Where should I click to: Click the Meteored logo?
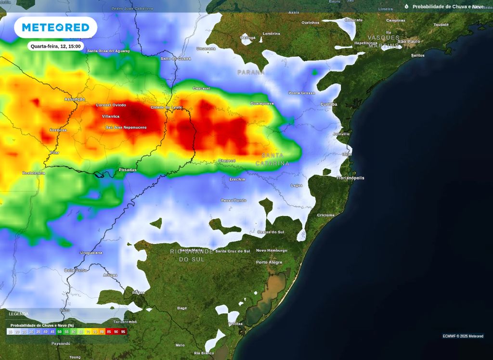pyautogui.click(x=56, y=27)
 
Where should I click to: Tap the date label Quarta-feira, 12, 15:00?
pyautogui.click(x=55, y=46)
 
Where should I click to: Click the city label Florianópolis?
pyautogui.click(x=350, y=178)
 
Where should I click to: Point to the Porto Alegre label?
pyautogui.click(x=269, y=262)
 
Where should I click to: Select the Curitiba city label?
pyautogui.click(x=329, y=104)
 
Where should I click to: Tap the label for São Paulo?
pyautogui.click(x=408, y=41)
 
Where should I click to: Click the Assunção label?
pyautogui.click(x=75, y=99)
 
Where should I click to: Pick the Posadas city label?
pyautogui.click(x=128, y=170)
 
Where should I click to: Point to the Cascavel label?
pyautogui.click(x=201, y=89)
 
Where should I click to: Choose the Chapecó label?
pyautogui.click(x=227, y=161)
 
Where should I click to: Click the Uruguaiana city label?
pyautogui.click(x=91, y=252)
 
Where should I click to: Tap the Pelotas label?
pyautogui.click(x=235, y=324)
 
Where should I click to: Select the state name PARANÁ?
pyautogui.click(x=251, y=72)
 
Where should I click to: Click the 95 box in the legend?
pyautogui.click(x=123, y=332)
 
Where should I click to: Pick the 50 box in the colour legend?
pyautogui.click(x=60, y=332)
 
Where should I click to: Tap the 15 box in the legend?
pyautogui.click(x=11, y=332)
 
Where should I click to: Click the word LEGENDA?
pyautogui.click(x=18, y=314)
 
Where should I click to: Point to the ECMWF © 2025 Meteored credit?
pyautogui.click(x=463, y=336)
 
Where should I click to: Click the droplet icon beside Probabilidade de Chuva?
pyautogui.click(x=406, y=7)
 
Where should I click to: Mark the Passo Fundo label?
pyautogui.click(x=233, y=200)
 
